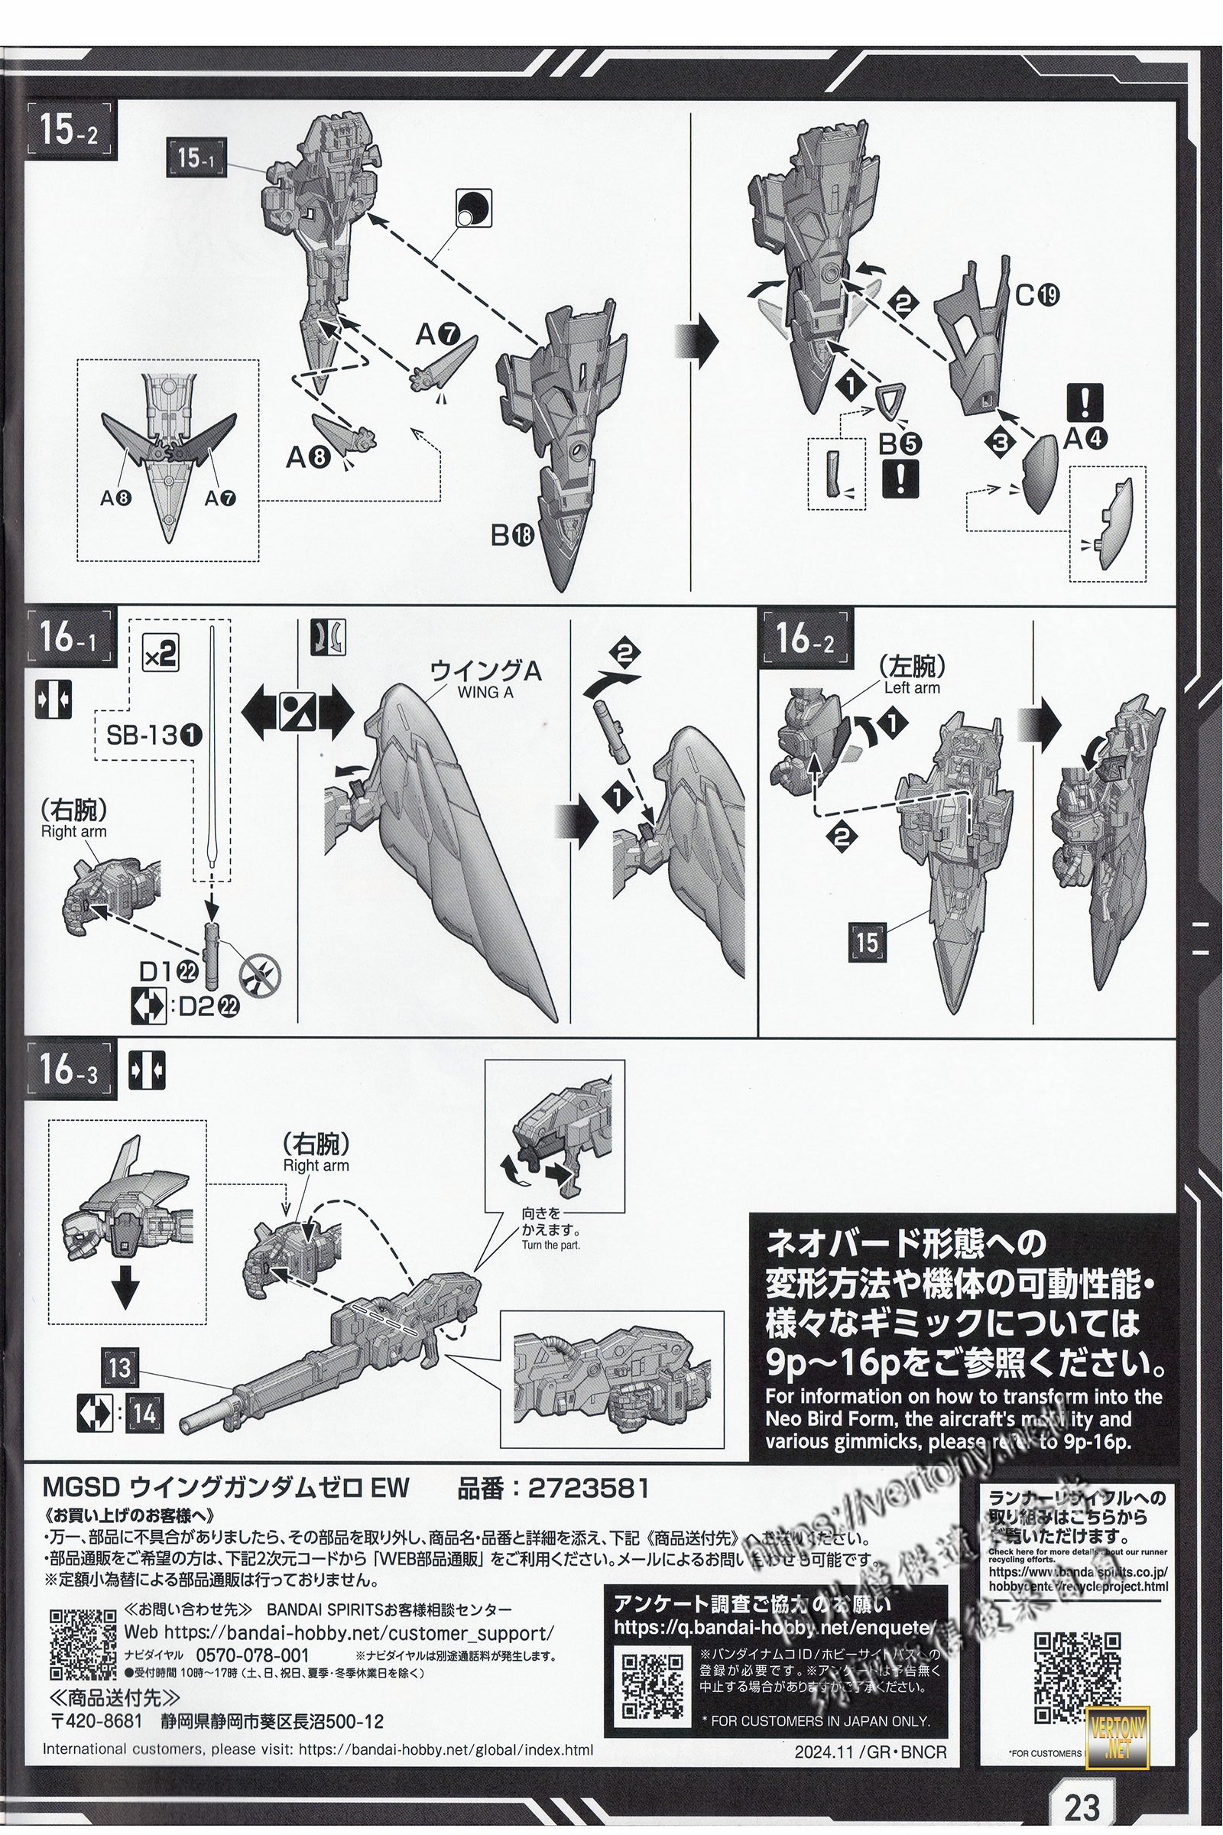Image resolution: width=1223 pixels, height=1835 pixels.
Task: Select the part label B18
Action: tap(511, 535)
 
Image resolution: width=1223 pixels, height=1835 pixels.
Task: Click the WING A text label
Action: tap(485, 691)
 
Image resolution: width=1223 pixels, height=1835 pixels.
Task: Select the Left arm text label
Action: tap(912, 688)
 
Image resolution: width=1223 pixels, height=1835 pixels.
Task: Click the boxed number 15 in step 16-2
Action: tap(867, 941)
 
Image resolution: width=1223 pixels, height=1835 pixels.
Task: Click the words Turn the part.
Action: tap(550, 1246)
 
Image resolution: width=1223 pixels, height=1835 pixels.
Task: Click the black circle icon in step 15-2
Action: tap(472, 207)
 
